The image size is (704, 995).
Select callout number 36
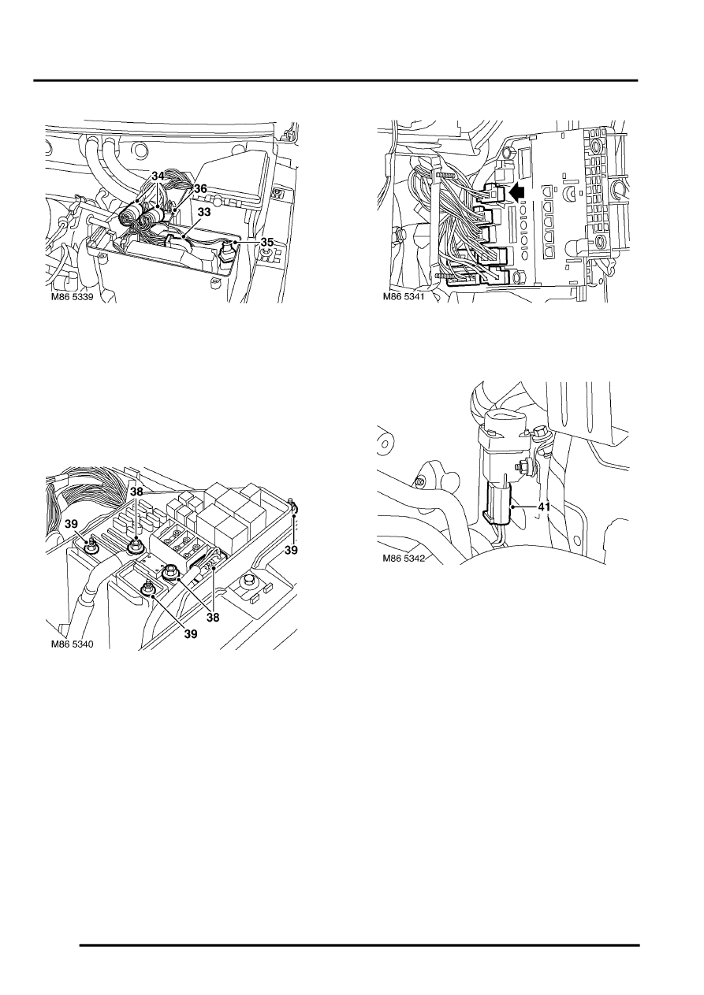pos(200,189)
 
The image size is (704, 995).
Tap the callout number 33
pos(203,213)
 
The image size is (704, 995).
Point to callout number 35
pos(266,243)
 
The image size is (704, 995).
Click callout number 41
pos(544,507)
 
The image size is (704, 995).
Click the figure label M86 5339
pos(72,297)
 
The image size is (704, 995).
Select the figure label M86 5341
pos(404,296)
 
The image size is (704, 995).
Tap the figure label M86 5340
pos(72,644)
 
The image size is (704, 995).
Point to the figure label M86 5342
pos(404,558)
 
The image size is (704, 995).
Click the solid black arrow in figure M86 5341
pos(517,192)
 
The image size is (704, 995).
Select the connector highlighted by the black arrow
pos(493,194)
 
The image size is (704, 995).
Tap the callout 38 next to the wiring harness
pos(137,492)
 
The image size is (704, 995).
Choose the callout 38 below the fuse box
pos(214,618)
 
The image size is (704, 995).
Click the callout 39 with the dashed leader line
pos(291,550)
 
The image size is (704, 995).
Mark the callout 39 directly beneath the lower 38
pos(190,634)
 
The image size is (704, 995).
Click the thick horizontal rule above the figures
pos(336,81)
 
